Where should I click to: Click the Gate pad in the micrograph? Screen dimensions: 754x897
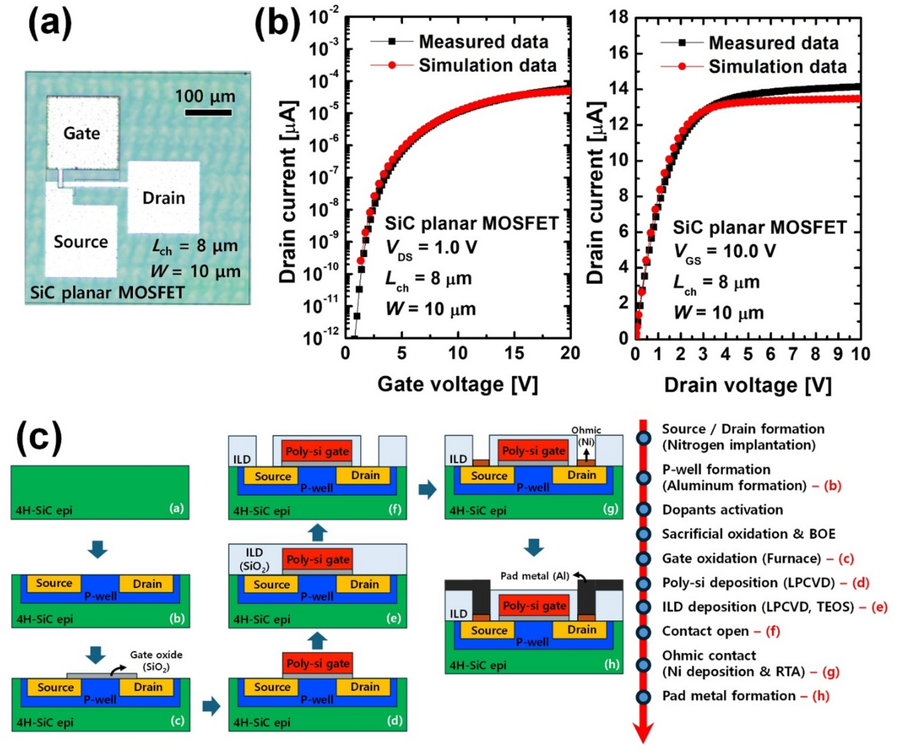tap(82, 132)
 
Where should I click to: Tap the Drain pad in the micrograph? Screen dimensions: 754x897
tap(163, 197)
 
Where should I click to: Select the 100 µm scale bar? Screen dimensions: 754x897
tap(207, 113)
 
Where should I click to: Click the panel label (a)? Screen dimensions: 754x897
tap(50, 24)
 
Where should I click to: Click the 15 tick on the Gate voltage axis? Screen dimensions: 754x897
tap(514, 353)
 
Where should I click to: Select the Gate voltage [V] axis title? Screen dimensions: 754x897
tap(457, 384)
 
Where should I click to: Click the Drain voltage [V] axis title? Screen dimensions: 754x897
tap(747, 385)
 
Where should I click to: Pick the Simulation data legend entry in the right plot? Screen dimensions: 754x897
tap(777, 67)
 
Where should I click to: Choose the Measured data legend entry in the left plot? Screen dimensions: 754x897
tap(483, 42)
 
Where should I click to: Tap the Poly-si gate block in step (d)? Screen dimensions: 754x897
tap(318, 664)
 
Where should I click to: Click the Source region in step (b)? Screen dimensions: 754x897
tap(54, 583)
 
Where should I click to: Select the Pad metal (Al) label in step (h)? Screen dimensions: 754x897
tap(534, 575)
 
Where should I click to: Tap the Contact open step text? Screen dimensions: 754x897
tap(705, 631)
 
